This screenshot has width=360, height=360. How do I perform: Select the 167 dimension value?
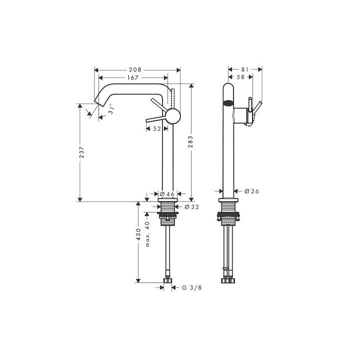[133, 78]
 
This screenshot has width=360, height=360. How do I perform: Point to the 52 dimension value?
[156, 128]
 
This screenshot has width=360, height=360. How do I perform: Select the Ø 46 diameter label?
[166, 193]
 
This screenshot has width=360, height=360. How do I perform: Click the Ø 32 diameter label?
[192, 206]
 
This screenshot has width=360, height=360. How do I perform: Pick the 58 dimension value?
[240, 77]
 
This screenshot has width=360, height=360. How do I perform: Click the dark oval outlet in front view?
[228, 104]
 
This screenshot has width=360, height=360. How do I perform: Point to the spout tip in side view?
[98, 101]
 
